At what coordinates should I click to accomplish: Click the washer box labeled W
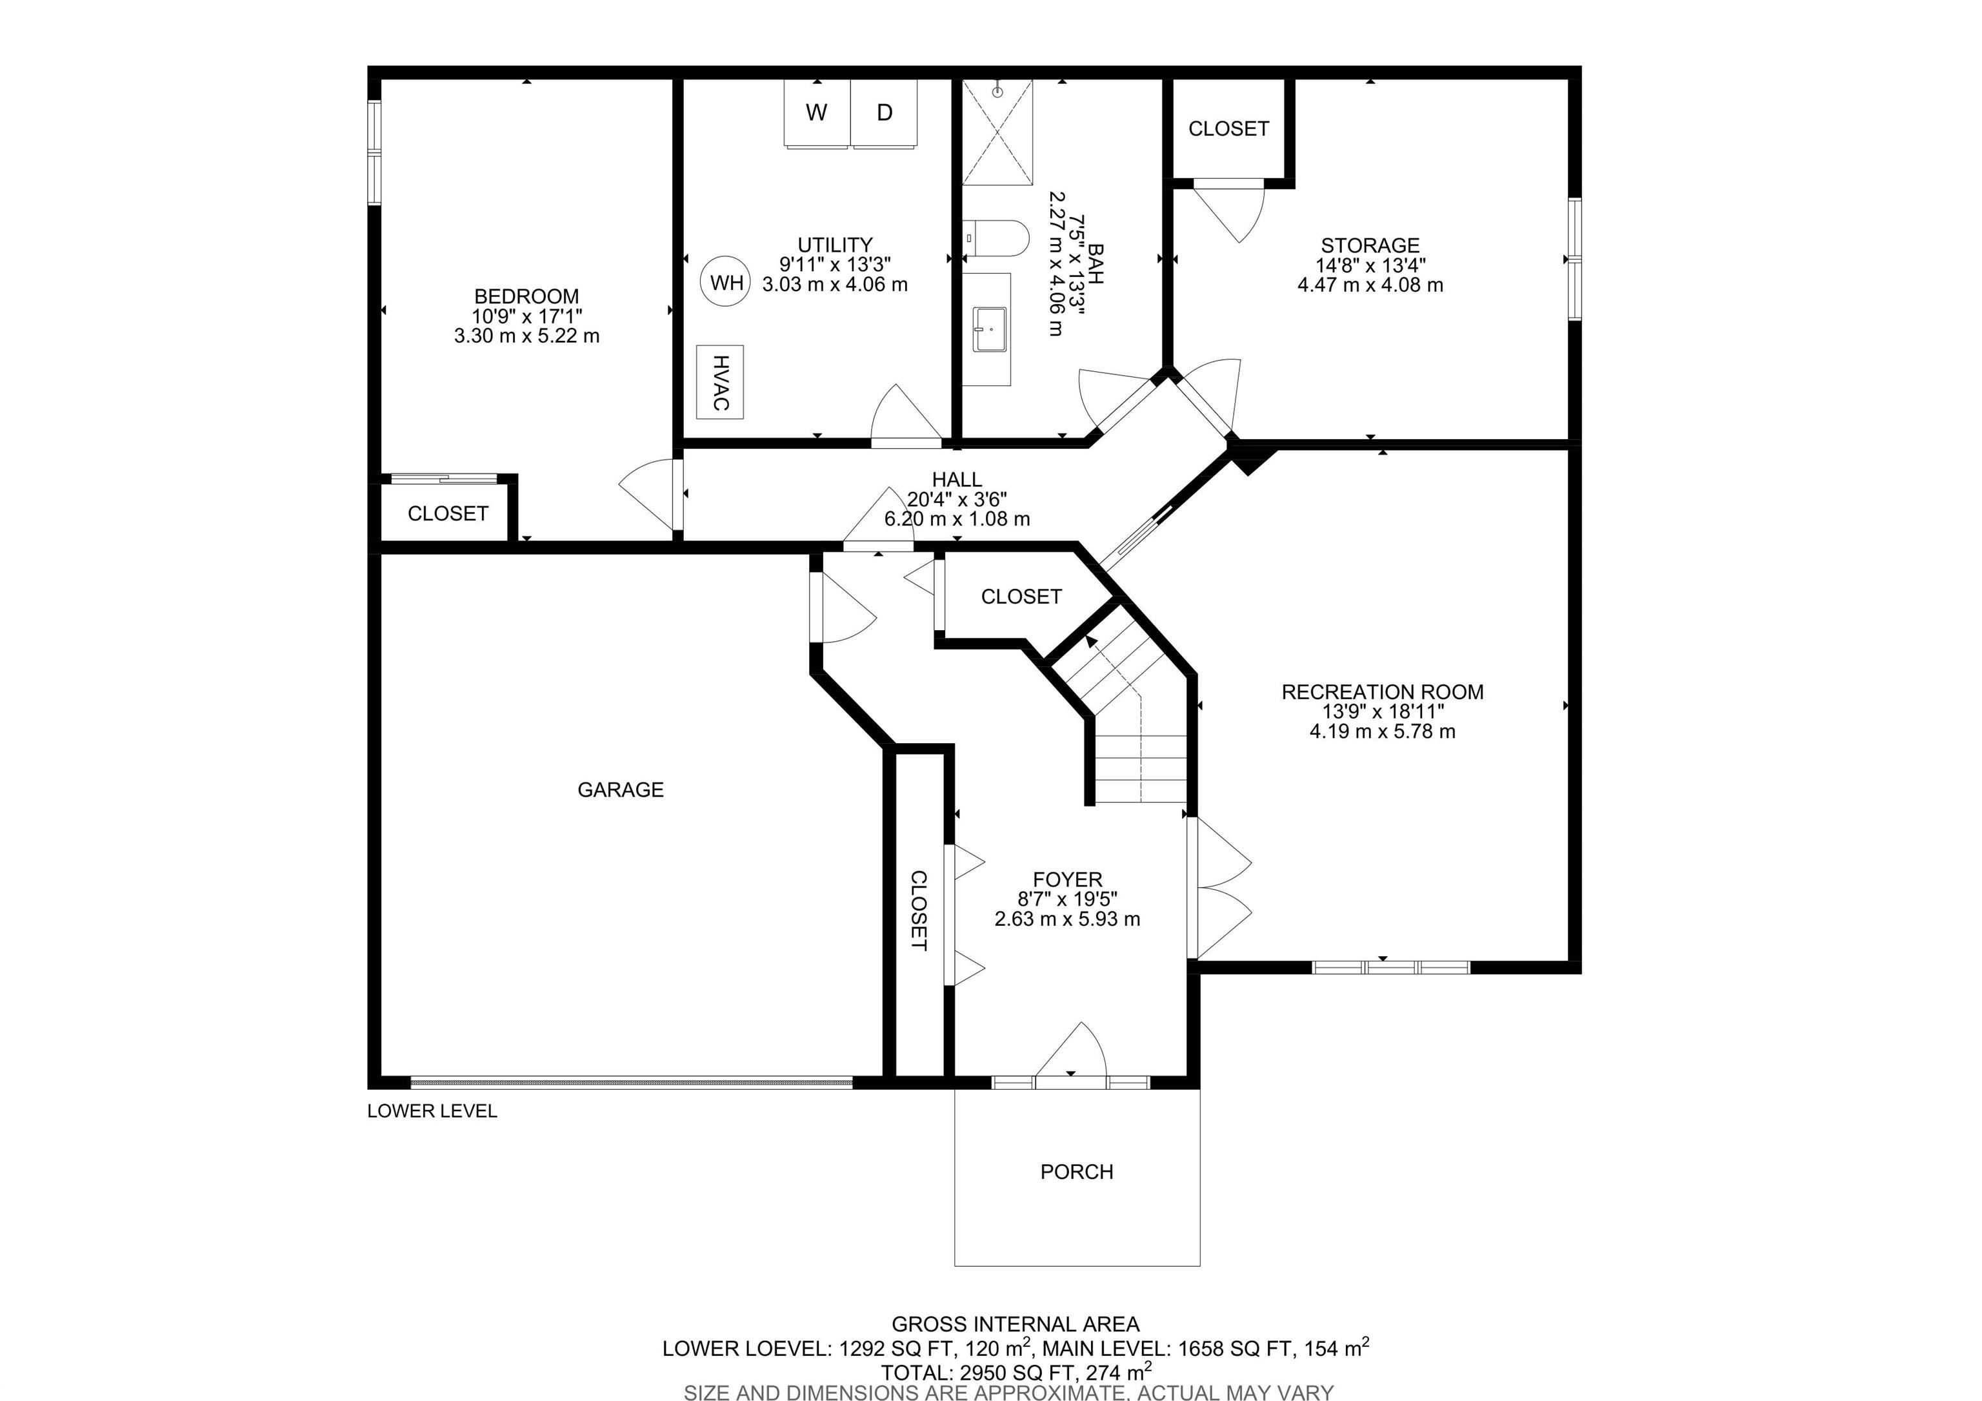tap(817, 112)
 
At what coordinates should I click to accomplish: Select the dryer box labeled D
tap(885, 112)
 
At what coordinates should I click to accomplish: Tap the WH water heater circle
tap(726, 282)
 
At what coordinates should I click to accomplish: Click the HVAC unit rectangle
tap(720, 382)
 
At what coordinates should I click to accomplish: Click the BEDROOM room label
tap(526, 296)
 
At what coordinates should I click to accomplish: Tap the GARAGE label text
tap(620, 790)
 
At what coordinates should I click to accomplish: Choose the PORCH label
tap(1076, 1172)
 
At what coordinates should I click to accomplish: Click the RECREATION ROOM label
tap(1382, 692)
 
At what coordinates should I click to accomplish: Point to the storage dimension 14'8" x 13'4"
tap(1370, 265)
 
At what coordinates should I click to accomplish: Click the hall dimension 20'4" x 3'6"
tap(956, 499)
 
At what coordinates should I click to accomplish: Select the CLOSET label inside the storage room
tap(1228, 128)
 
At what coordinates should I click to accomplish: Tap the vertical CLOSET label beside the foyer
tap(919, 910)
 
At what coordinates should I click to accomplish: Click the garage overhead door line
tap(631, 1081)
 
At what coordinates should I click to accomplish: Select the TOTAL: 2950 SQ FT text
tap(1015, 1373)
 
